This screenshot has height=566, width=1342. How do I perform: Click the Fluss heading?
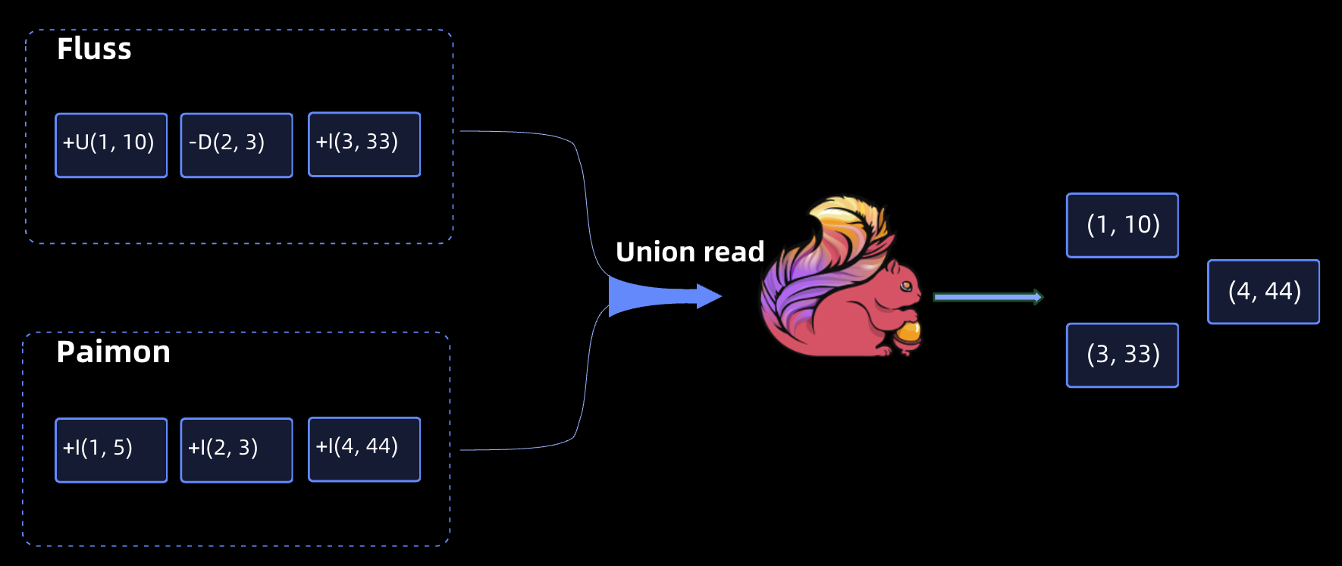coord(94,49)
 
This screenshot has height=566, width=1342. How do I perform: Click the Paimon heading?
coord(113,352)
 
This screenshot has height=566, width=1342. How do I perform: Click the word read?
coord(734,252)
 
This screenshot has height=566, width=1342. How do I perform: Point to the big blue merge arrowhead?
coord(708,296)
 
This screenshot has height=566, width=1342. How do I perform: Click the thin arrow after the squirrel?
coord(988,297)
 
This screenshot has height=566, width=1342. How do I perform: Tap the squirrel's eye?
coord(905,286)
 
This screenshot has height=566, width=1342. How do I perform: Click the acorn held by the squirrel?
coord(908,333)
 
